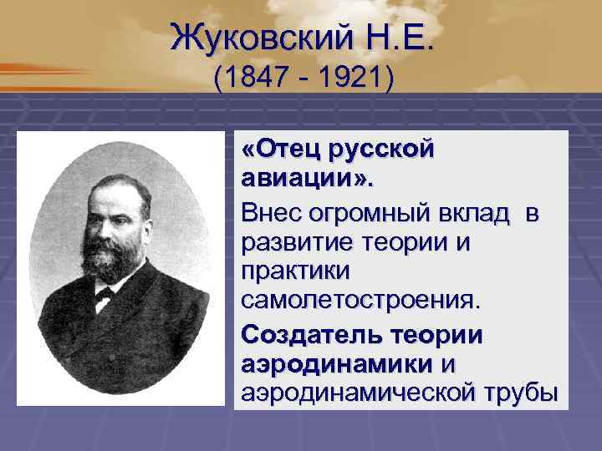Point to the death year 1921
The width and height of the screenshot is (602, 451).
(x=348, y=80)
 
